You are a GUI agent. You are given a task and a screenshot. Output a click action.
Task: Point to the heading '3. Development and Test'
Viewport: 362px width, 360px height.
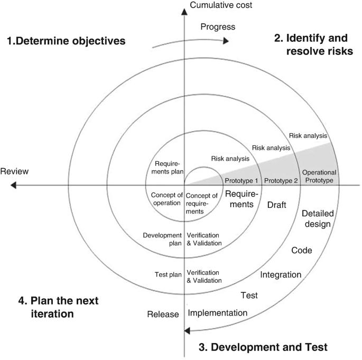[263, 347]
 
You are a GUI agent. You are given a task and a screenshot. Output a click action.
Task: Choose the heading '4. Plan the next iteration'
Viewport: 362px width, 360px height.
[58, 307]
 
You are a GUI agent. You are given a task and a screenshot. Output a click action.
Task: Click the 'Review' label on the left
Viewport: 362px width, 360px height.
[14, 171]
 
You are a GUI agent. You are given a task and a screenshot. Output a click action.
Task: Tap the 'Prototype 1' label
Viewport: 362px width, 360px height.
[242, 180]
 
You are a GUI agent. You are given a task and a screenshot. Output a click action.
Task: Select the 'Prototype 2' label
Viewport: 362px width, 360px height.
[281, 180]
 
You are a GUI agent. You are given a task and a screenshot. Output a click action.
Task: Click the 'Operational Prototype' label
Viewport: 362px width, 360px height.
[319, 177]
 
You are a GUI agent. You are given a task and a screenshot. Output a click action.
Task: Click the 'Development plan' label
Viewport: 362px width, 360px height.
[162, 239]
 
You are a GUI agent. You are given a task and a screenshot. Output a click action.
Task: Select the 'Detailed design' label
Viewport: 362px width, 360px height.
[317, 219]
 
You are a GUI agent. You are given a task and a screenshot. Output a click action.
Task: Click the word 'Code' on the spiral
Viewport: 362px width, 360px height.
[302, 250]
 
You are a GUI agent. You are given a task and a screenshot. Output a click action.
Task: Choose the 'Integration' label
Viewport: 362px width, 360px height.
[281, 275]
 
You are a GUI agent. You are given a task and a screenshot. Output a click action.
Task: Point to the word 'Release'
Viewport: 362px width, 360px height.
[163, 315]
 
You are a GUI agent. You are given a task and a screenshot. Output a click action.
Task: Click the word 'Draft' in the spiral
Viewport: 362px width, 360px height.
[276, 205]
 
